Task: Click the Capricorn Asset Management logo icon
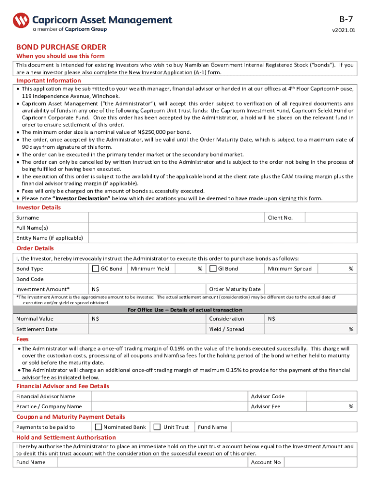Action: (21, 21)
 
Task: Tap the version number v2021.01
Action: (344, 30)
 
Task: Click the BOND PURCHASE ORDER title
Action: (61, 47)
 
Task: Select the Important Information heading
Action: (49, 80)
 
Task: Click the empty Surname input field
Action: (176, 218)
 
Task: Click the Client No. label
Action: (280, 218)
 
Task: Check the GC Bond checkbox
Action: (95, 269)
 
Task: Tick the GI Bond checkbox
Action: (213, 269)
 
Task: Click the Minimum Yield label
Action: (150, 269)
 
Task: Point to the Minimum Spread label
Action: (290, 269)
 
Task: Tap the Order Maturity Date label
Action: (235, 289)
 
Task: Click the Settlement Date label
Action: (37, 329)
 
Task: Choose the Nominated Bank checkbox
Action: (99, 427)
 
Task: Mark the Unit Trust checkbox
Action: (157, 427)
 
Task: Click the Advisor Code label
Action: (268, 396)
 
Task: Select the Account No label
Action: (266, 462)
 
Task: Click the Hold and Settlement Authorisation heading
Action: (66, 437)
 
